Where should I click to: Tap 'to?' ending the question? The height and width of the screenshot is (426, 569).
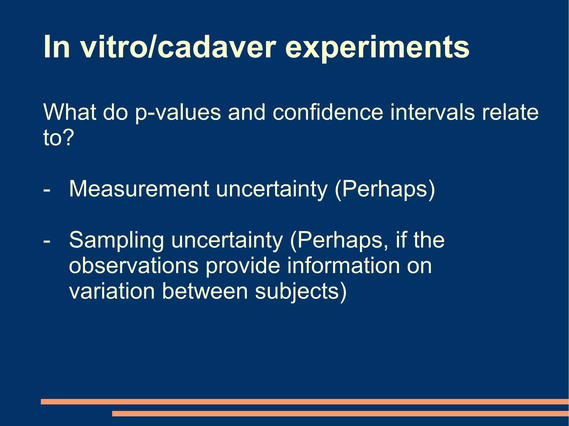pyautogui.click(x=59, y=137)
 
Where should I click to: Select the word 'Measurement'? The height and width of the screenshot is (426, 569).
pyautogui.click(x=139, y=189)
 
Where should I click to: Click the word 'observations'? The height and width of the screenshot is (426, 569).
pyautogui.click(x=134, y=266)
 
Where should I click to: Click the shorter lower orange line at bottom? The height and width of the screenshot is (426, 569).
pyautogui.click(x=340, y=414)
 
